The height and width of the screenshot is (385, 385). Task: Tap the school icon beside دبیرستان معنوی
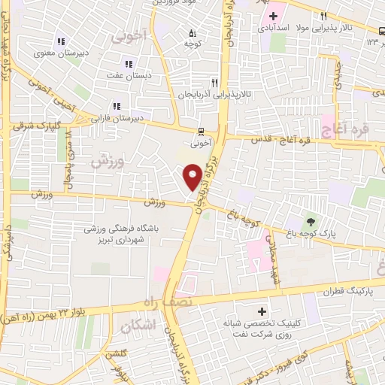coord(61,42)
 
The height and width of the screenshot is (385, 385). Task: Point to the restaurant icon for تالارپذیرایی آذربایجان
coord(214,83)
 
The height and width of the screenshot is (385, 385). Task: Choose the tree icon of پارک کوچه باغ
coord(309,220)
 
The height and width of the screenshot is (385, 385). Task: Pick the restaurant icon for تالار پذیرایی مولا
coord(323,17)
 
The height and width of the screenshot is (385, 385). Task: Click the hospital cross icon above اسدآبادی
coord(274,16)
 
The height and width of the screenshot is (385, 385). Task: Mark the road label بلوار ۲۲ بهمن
coord(46,313)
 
